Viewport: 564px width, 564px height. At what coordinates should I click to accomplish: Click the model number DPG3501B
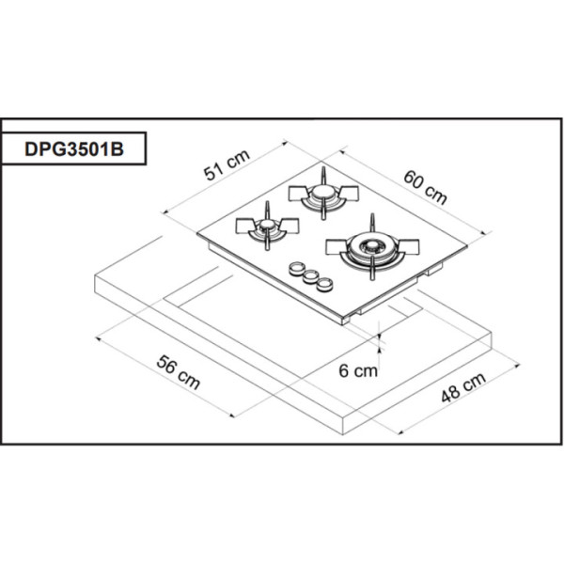(74, 149)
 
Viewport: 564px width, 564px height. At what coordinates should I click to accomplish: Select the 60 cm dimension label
(425, 187)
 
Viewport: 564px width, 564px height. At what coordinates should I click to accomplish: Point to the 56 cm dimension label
(179, 372)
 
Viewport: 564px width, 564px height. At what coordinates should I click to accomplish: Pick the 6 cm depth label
(358, 370)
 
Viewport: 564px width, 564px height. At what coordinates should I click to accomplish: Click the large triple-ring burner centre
(372, 245)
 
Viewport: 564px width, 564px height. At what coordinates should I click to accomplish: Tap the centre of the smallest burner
(267, 225)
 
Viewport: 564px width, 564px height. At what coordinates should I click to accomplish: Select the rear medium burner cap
(323, 192)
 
